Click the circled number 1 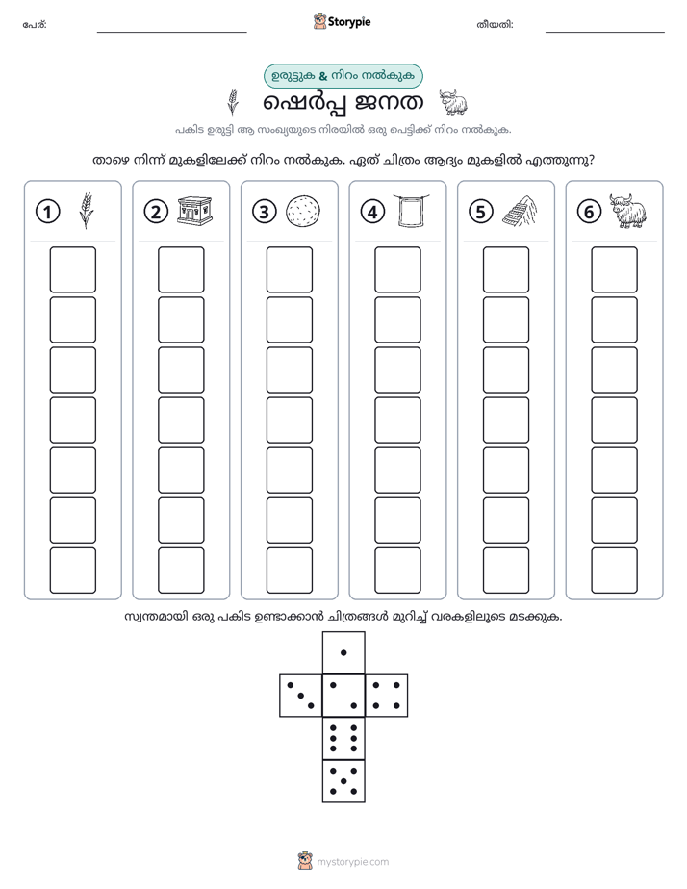(47, 212)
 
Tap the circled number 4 (372, 212)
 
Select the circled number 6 (589, 212)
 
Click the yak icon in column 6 (628, 211)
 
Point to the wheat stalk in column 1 (87, 211)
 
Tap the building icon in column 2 (194, 211)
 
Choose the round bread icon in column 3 (303, 212)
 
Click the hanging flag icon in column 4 (411, 211)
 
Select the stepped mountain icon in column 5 (520, 211)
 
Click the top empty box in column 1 (72, 269)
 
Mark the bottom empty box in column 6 (614, 571)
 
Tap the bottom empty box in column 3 (289, 571)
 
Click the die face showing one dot (343, 653)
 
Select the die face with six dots (343, 738)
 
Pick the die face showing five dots (343, 781)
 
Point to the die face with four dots (387, 696)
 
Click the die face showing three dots (301, 696)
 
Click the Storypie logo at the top (342, 21)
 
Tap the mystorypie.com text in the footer (352, 862)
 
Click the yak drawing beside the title (453, 103)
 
